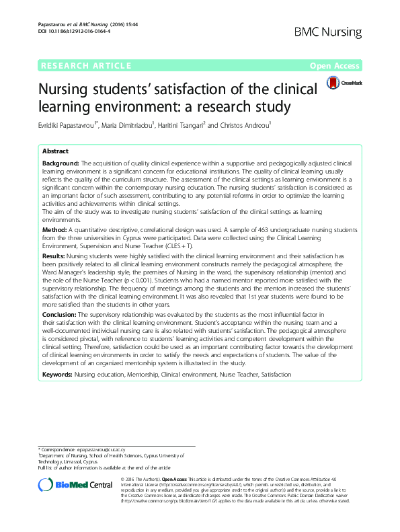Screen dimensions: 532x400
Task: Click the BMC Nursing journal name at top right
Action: click(x=329, y=32)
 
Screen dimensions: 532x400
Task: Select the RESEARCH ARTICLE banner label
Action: click(x=85, y=65)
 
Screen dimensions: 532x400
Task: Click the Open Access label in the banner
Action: click(x=335, y=65)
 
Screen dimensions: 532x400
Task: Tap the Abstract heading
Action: click(x=55, y=151)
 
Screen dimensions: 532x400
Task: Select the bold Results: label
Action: click(x=54, y=256)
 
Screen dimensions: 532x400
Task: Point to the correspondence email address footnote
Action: click(x=111, y=449)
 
